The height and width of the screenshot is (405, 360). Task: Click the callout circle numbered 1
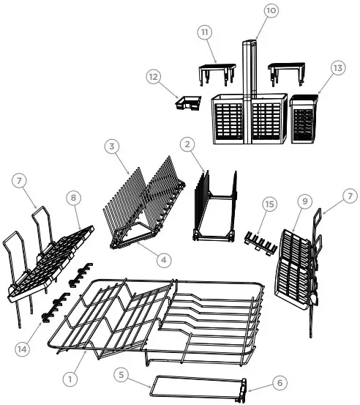click(70, 379)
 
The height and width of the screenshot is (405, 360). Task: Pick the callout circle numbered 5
click(123, 374)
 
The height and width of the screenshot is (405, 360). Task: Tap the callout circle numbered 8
click(73, 197)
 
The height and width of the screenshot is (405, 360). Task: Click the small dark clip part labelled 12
click(188, 104)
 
